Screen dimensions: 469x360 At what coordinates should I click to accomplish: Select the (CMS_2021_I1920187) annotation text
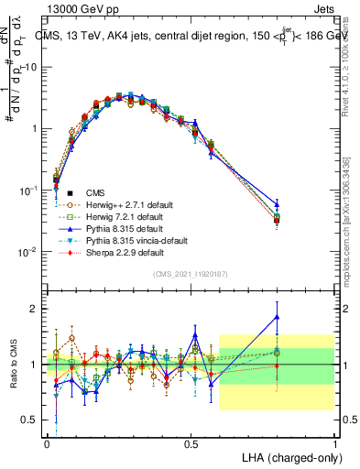click(192, 274)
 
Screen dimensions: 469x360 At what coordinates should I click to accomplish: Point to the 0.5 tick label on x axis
click(191, 442)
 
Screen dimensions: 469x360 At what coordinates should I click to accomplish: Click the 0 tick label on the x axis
click(47, 442)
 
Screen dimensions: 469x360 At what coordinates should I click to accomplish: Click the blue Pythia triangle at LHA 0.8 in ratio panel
click(277, 317)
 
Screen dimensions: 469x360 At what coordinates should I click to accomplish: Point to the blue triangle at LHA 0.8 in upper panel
click(277, 204)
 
